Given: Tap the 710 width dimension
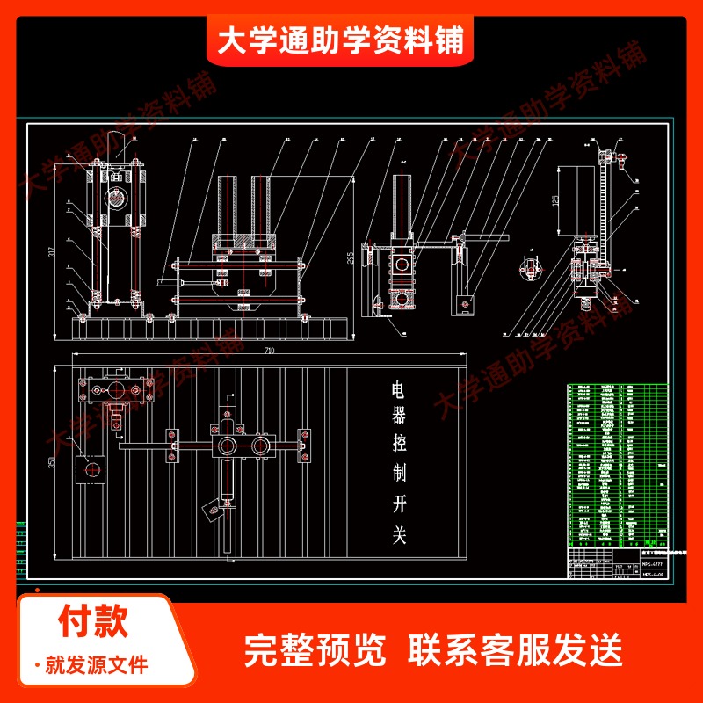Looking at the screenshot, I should point(268,351).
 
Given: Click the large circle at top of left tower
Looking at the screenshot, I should point(116,197).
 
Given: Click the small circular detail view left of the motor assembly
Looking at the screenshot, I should point(529,266).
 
